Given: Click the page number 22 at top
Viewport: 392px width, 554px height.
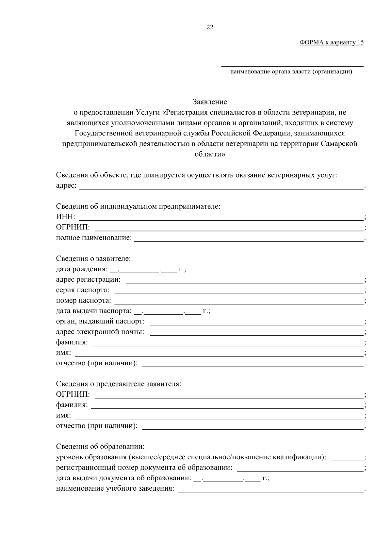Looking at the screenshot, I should click(210, 27).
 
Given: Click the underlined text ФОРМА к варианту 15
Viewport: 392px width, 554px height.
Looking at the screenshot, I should click(331, 43).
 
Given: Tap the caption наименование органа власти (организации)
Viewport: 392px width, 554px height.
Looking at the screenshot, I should click(291, 72).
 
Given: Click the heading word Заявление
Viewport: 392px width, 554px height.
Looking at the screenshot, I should click(210, 102).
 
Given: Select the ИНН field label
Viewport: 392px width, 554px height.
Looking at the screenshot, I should click(65, 217).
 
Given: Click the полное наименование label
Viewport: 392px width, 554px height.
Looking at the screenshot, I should click(94, 238).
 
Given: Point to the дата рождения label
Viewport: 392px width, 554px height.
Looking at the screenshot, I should click(81, 269).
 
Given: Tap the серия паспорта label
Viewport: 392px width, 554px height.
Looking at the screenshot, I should click(83, 290).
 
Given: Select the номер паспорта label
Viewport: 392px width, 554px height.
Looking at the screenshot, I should click(84, 300).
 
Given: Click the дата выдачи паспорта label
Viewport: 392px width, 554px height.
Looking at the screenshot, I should click(94, 311).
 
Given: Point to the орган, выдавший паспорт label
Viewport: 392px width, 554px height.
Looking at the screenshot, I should click(100, 321).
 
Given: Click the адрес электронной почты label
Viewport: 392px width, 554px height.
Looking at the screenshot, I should click(100, 332).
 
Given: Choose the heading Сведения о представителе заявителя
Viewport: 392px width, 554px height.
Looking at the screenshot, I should click(119, 384).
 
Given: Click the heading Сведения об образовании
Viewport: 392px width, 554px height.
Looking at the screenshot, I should click(100, 447).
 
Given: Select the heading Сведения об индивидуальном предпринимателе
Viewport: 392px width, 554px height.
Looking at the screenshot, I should click(138, 206).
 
